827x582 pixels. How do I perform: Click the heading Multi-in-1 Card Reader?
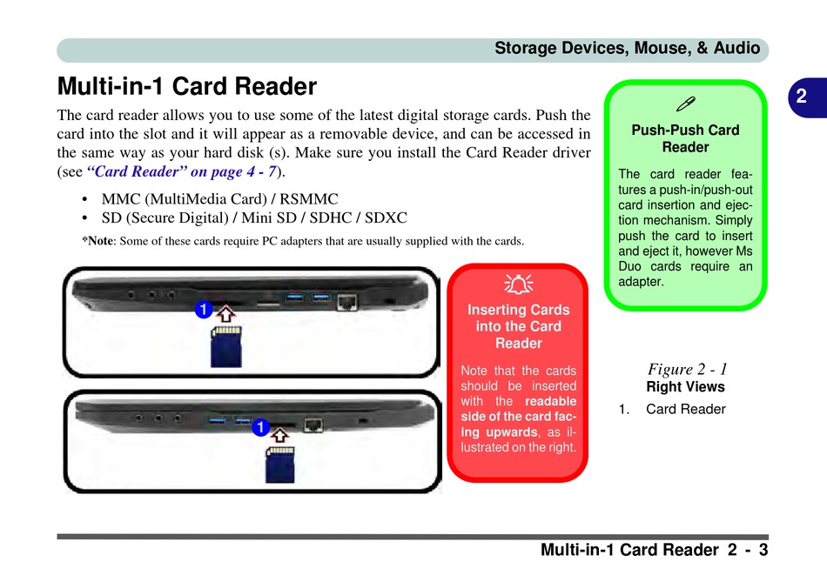[186, 87]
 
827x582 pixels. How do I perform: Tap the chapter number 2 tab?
[800, 97]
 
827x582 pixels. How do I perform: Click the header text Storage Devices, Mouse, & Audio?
[627, 49]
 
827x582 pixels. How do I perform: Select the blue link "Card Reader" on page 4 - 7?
[182, 171]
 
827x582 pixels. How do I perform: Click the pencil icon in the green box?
[685, 105]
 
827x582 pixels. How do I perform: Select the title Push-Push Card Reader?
[685, 138]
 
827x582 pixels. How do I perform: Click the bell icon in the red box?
[518, 283]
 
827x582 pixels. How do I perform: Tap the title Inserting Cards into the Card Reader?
[518, 326]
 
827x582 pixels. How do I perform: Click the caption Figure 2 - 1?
[687, 369]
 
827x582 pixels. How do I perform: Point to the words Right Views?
[685, 386]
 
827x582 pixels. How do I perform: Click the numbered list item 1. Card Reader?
[672, 409]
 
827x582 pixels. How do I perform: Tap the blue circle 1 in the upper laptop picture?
[203, 310]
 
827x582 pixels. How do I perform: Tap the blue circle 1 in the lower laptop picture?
[259, 428]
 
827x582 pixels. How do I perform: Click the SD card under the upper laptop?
[226, 346]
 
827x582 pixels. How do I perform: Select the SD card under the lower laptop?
[280, 464]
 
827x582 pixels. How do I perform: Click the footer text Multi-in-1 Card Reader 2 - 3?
[654, 550]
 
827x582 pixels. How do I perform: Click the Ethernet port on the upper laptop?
[347, 301]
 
